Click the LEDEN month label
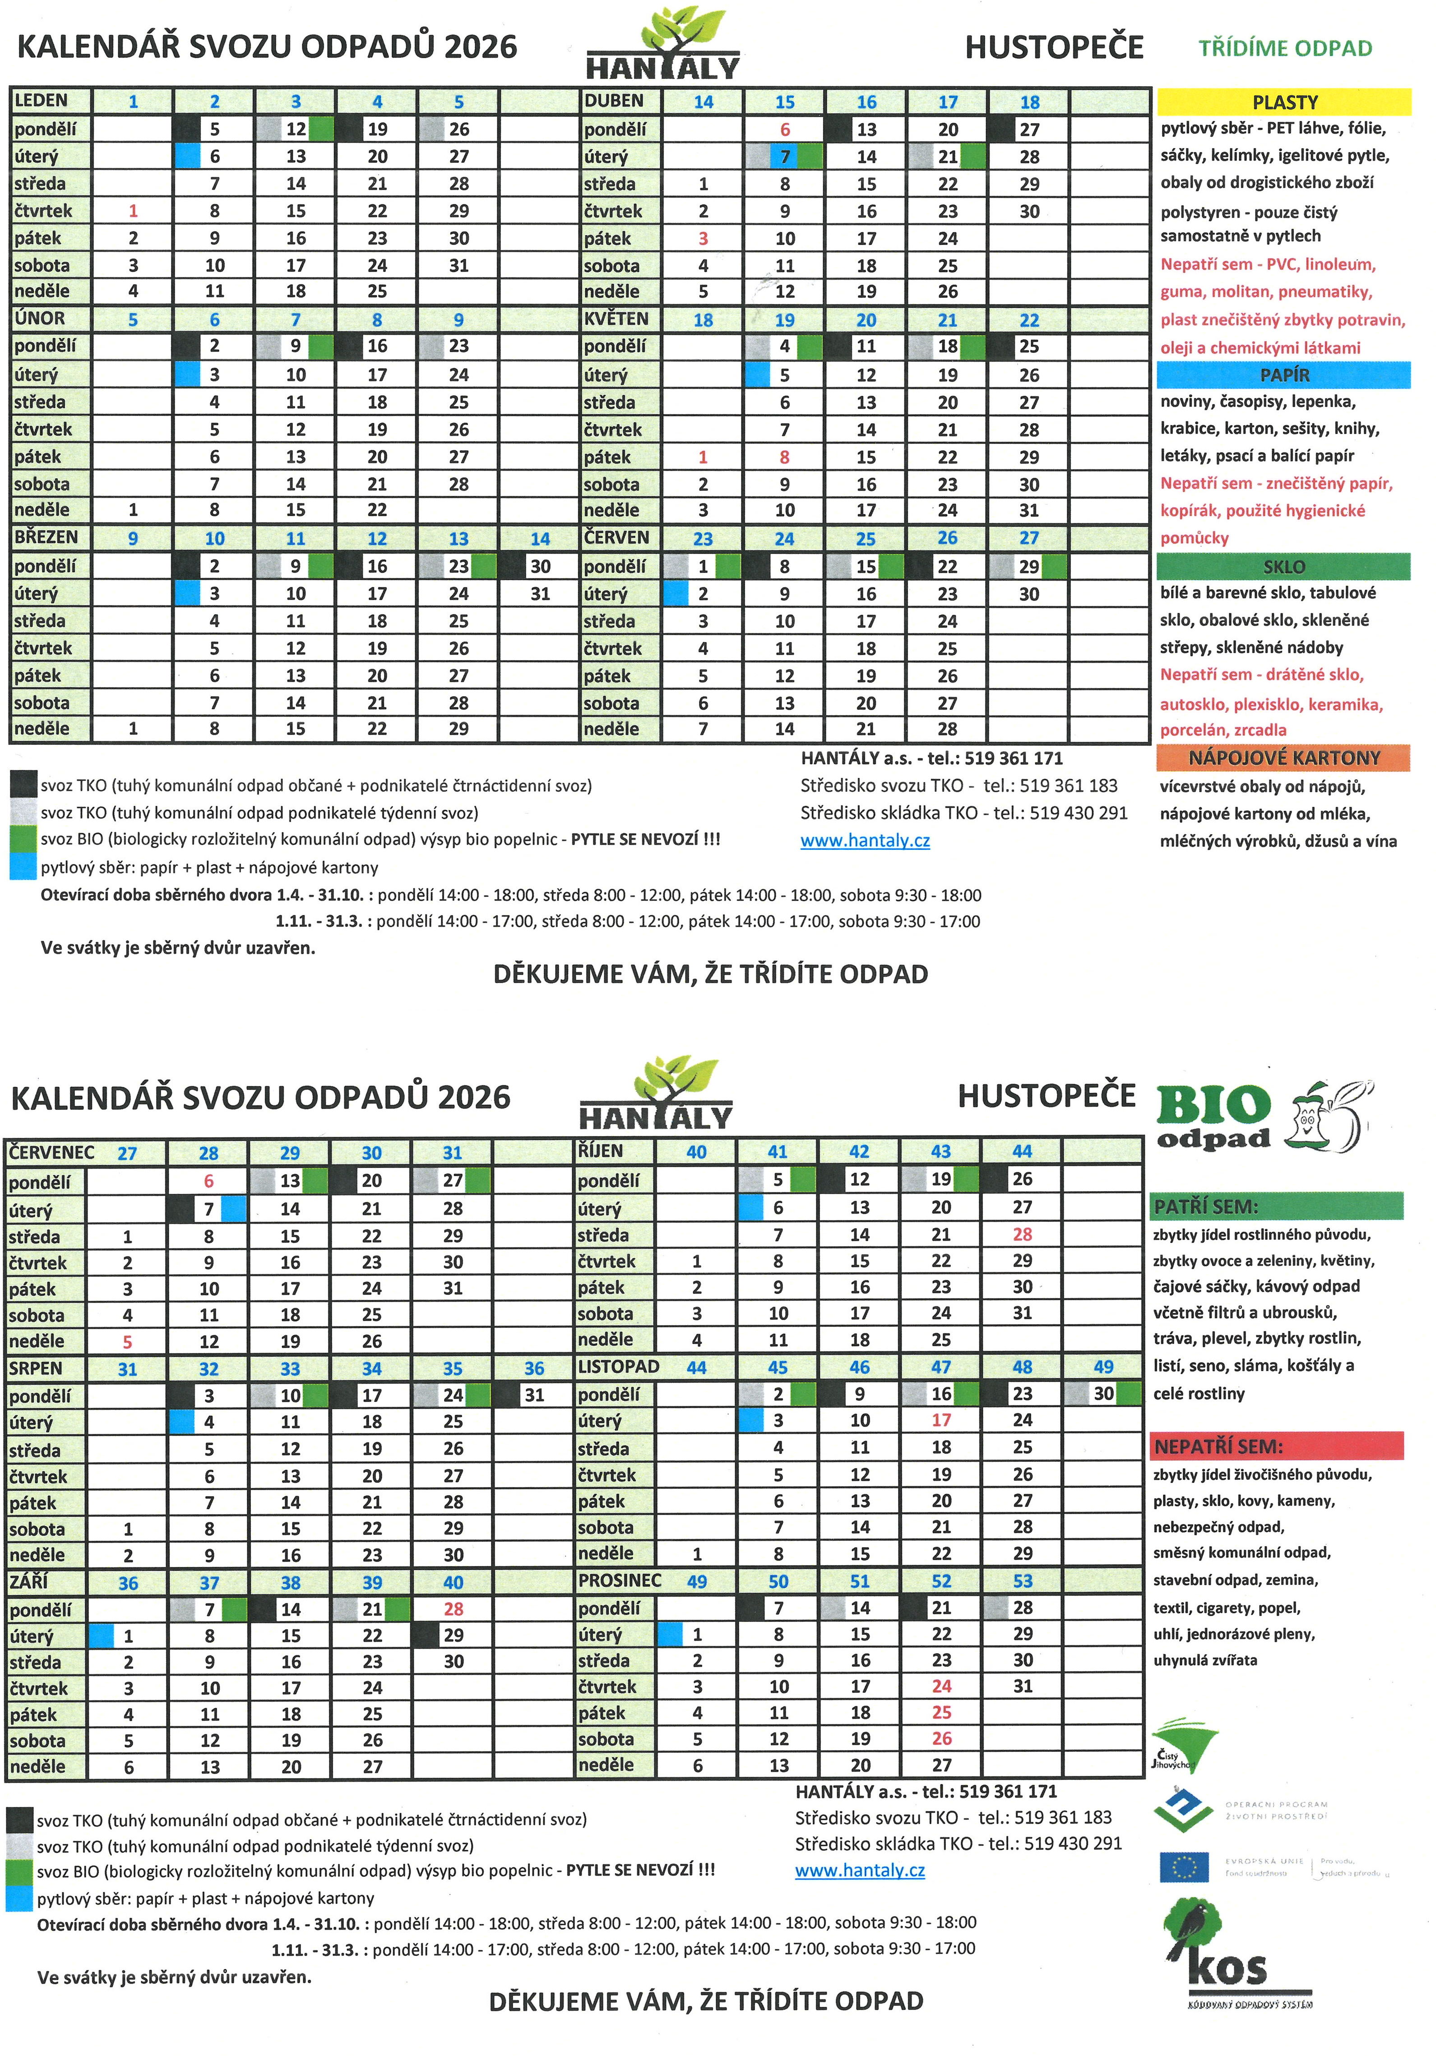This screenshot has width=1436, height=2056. coord(41,100)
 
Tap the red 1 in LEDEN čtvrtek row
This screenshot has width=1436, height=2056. coord(133,211)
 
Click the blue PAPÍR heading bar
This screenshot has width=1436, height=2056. coord(1284,374)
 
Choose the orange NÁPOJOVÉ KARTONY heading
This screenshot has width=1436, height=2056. coord(1284,758)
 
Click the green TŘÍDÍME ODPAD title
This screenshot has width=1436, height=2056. coord(1285,48)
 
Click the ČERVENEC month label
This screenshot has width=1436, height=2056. coord(52,1151)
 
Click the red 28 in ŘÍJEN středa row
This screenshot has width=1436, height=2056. coord(1022,1234)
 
